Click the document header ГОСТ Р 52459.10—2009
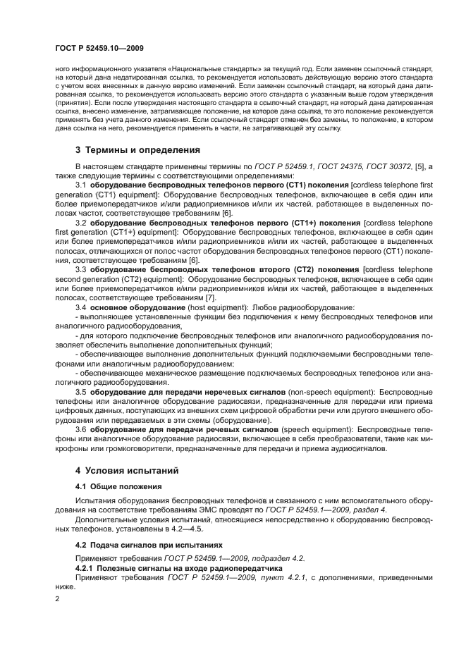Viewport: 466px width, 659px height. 99,47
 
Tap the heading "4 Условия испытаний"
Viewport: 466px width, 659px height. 127,469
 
